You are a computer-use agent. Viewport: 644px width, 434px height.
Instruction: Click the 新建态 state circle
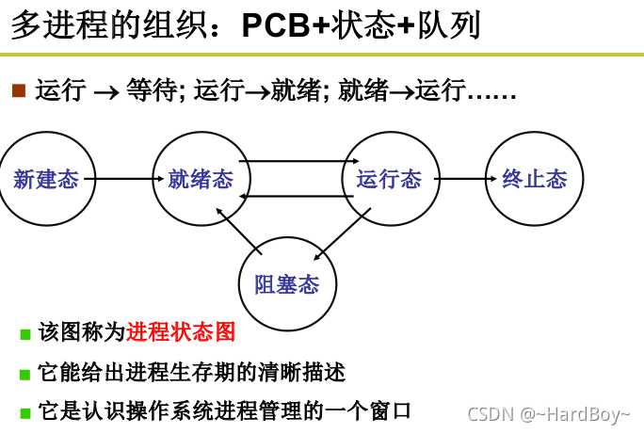[x=45, y=179]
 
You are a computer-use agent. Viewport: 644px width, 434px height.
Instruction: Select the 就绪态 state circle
[x=200, y=179]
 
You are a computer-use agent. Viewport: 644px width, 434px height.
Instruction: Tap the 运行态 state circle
[x=389, y=179]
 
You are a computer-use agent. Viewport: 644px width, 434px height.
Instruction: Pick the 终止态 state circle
[x=534, y=179]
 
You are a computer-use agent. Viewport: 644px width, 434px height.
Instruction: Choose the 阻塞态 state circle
[x=287, y=284]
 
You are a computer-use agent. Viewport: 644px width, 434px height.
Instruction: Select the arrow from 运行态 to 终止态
[x=460, y=179]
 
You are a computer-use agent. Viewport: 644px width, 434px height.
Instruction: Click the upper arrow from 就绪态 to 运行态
[x=294, y=162]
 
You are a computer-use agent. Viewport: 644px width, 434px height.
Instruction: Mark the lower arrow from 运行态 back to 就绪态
[x=294, y=196]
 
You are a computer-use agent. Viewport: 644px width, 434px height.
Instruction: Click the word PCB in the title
[x=274, y=25]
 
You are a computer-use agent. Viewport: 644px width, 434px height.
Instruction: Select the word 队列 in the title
[x=447, y=25]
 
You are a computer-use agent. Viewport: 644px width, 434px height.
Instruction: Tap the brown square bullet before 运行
[x=18, y=90]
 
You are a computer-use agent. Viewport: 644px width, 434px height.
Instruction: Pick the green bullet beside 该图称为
[x=25, y=334]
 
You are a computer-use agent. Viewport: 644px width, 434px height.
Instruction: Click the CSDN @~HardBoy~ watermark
[x=549, y=414]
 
